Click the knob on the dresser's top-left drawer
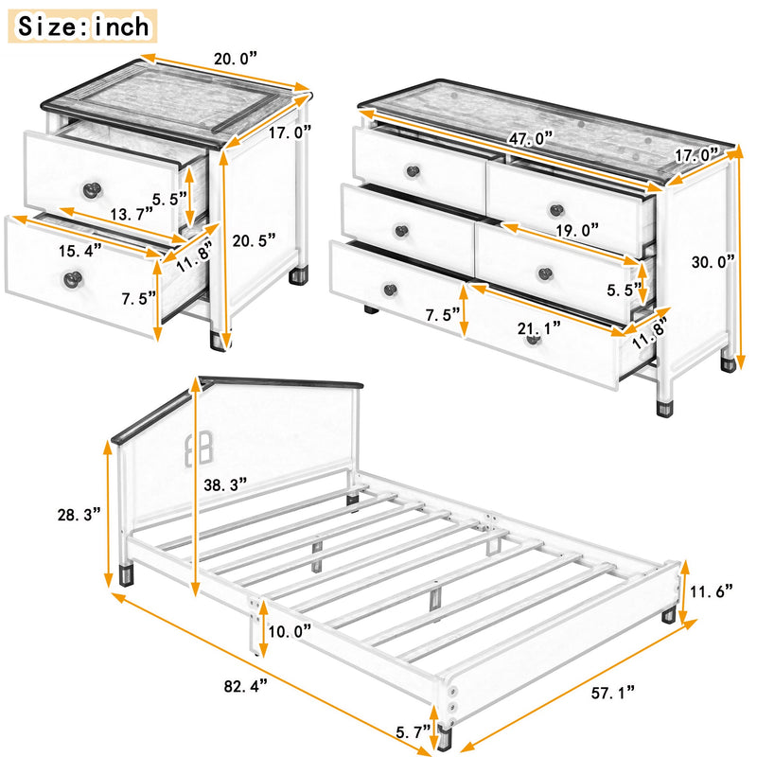(411, 171)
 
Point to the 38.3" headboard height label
(226, 484)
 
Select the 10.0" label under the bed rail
(290, 631)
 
